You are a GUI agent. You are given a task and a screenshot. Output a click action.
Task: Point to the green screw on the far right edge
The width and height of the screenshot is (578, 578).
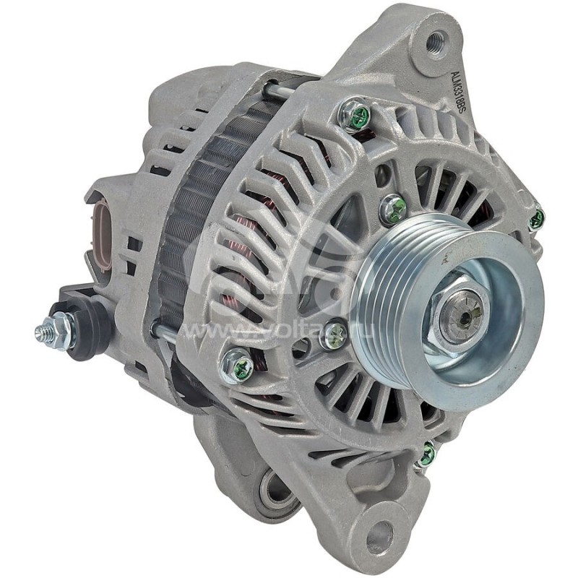(536, 219)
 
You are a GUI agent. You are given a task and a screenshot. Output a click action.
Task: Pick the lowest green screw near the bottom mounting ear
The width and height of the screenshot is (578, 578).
(426, 454)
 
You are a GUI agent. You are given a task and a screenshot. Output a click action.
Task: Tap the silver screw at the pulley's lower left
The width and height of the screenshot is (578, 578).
(334, 335)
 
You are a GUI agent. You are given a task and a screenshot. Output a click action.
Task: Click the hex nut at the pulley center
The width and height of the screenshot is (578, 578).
(460, 315)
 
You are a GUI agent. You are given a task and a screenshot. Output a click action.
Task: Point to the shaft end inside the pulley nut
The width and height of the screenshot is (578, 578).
(461, 316)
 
